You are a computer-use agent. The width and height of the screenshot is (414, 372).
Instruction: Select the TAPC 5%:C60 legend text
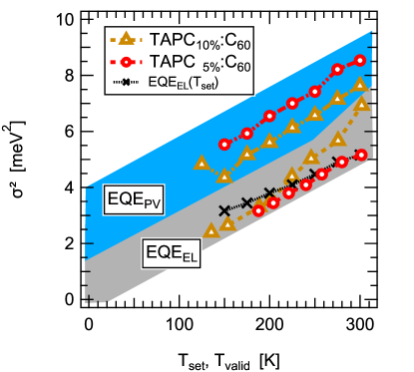[191, 62]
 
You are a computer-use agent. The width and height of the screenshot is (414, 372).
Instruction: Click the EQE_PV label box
[134, 201]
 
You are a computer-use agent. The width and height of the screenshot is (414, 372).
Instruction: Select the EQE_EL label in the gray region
[173, 253]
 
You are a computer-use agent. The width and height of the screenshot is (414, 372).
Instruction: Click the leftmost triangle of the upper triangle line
[202, 162]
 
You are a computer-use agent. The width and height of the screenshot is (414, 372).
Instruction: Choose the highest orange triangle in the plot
[360, 85]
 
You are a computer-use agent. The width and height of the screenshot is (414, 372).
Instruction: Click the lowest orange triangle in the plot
[210, 230]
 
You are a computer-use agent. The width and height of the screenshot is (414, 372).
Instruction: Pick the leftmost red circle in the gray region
[259, 210]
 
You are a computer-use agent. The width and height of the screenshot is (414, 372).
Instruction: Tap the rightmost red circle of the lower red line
[361, 155]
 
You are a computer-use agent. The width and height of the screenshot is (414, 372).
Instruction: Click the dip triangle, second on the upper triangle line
[224, 176]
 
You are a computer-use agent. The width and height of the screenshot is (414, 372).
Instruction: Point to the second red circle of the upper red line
[247, 133]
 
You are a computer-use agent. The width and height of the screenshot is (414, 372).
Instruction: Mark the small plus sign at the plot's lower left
[90, 298]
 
